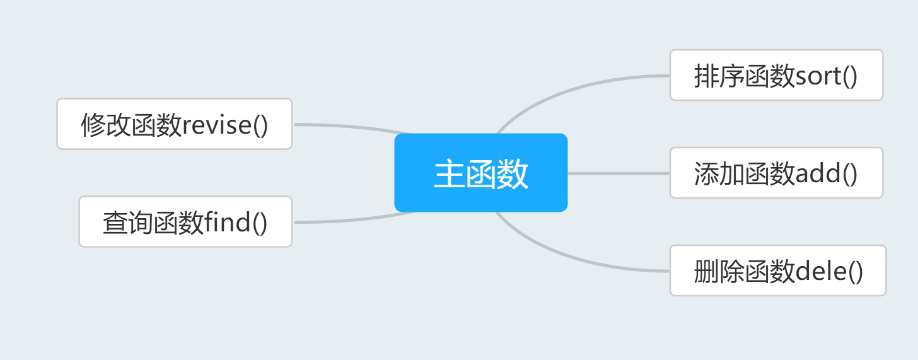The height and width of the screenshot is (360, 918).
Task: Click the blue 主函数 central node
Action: click(480, 172)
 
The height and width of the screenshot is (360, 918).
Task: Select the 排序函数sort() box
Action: click(776, 75)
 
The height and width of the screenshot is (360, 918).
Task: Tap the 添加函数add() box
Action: click(776, 173)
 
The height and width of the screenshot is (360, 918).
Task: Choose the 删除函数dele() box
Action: click(777, 270)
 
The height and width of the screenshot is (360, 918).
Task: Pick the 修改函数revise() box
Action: click(174, 124)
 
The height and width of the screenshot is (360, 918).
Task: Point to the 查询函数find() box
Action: click(185, 221)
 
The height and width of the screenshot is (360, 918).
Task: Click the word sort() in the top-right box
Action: click(827, 77)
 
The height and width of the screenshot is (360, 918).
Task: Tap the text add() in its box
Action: click(827, 174)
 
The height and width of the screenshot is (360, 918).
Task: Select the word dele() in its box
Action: click(829, 272)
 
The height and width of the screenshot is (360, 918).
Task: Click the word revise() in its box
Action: click(225, 125)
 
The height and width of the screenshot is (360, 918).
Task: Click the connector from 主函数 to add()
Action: click(618, 173)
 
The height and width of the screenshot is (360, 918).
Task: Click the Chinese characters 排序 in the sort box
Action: click(719, 77)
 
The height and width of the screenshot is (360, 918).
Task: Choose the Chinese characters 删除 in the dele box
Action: click(719, 272)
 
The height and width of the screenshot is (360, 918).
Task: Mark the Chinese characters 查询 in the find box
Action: click(128, 223)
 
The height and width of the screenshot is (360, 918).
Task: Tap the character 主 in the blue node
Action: click(449, 174)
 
